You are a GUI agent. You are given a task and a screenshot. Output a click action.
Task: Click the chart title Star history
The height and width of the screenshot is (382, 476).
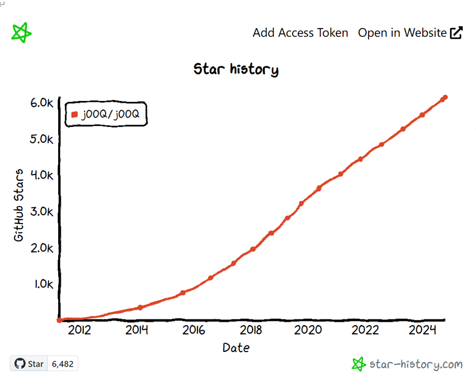pyautogui.click(x=236, y=69)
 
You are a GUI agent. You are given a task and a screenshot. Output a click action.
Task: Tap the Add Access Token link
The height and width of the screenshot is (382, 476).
pyautogui.click(x=300, y=33)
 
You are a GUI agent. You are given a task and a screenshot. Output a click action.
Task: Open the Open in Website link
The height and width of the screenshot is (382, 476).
pyautogui.click(x=402, y=33)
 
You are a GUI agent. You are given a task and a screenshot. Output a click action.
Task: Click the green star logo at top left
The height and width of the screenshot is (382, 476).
pyautogui.click(x=21, y=33)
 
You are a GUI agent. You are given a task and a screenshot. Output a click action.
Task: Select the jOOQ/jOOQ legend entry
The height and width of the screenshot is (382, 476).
pyautogui.click(x=106, y=114)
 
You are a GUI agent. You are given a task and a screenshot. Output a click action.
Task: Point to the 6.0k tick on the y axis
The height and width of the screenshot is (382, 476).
pyautogui.click(x=41, y=103)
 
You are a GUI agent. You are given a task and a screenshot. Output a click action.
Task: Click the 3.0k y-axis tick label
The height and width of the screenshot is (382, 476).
pyautogui.click(x=41, y=212)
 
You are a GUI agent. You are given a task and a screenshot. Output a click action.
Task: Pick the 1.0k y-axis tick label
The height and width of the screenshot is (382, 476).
pyautogui.click(x=42, y=284)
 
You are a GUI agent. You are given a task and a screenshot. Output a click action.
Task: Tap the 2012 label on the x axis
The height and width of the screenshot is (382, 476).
pyautogui.click(x=79, y=330)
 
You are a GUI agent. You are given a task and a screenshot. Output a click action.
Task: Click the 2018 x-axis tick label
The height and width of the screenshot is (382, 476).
pyautogui.click(x=251, y=330)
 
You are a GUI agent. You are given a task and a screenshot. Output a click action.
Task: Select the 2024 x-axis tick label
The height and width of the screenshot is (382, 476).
pyautogui.click(x=422, y=330)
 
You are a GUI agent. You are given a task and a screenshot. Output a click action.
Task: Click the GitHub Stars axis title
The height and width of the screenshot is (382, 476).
pyautogui.click(x=19, y=205)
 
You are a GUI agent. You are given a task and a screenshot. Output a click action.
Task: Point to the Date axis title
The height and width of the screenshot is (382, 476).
pyautogui.click(x=236, y=348)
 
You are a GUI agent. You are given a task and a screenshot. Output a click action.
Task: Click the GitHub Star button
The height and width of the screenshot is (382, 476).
pyautogui.click(x=29, y=364)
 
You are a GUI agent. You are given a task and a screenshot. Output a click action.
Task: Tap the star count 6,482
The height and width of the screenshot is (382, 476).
pyautogui.click(x=63, y=364)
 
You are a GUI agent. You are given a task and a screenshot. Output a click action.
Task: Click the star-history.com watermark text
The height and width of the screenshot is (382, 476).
pyautogui.click(x=415, y=364)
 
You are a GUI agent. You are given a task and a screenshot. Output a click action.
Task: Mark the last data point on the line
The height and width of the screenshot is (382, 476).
pyautogui.click(x=445, y=97)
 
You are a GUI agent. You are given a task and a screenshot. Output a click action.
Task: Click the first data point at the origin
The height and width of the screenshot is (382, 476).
pyautogui.click(x=59, y=320)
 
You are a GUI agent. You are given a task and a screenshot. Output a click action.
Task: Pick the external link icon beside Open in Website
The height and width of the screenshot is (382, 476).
pyautogui.click(x=456, y=33)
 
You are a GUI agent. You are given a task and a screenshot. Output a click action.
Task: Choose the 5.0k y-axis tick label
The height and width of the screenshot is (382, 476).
pyautogui.click(x=41, y=139)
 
